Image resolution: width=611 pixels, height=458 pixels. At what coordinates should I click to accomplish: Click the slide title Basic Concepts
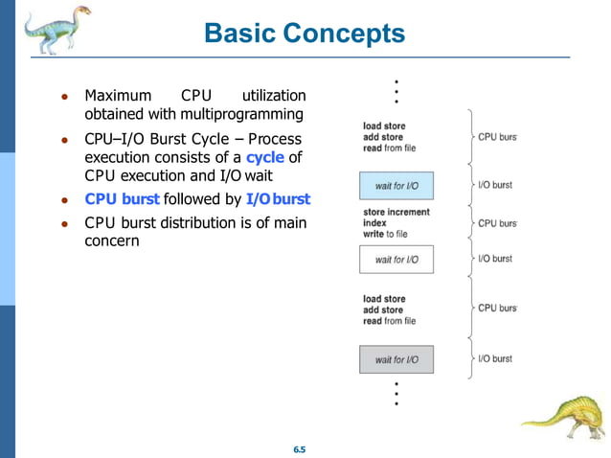click(x=305, y=34)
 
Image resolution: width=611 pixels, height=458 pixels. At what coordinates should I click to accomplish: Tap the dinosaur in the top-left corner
click(x=52, y=29)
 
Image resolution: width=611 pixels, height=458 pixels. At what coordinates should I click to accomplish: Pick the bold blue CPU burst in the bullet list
click(x=122, y=199)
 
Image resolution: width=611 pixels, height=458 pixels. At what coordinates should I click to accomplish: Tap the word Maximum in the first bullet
click(x=118, y=96)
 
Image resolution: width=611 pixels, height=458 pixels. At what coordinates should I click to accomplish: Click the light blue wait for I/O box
click(x=396, y=185)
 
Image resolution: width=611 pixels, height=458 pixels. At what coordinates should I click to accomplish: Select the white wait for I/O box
click(x=396, y=259)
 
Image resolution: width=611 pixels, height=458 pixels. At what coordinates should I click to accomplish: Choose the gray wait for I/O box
click(x=396, y=359)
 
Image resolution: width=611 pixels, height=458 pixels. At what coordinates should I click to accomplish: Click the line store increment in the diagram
click(x=396, y=212)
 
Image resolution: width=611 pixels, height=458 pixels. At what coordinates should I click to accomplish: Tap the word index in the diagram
click(x=374, y=223)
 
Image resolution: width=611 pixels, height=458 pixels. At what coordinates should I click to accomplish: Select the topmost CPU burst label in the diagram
click(x=497, y=137)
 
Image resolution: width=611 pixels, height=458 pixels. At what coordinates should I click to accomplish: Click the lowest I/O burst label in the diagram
click(x=494, y=358)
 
